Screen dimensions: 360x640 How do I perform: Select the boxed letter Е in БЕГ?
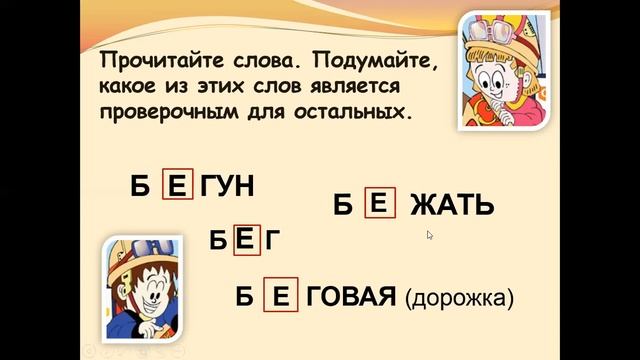247,240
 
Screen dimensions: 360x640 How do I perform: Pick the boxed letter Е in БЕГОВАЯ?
280,296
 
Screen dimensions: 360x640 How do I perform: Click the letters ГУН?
228,186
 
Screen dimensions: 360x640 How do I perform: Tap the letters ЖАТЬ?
450,206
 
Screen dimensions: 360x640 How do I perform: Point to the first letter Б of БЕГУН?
141,187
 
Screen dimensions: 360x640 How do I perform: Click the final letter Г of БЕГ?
271,240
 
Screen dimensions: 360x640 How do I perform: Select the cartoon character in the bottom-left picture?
144,290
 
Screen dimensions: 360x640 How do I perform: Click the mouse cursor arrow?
430,236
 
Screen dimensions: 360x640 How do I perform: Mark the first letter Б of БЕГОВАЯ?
243,297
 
